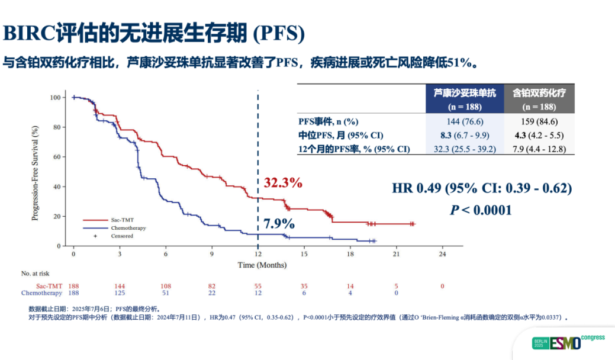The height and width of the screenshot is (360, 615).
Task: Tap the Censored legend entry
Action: [x=121, y=236]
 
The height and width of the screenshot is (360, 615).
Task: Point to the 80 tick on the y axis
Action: [x=57, y=127]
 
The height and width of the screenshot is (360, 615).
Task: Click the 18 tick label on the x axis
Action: [x=350, y=253]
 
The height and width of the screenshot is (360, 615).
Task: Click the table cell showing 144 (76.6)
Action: [x=465, y=121]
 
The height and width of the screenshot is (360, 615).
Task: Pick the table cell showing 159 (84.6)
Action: [x=539, y=121]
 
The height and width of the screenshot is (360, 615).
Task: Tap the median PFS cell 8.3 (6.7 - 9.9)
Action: [x=465, y=136]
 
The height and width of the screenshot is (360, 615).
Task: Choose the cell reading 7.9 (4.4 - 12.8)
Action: [x=539, y=149]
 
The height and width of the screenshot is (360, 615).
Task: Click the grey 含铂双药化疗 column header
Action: [x=539, y=98]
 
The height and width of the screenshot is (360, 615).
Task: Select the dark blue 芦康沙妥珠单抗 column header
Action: [x=465, y=98]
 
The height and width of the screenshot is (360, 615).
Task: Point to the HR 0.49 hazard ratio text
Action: [x=482, y=188]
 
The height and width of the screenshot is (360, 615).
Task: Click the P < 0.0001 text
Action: [x=481, y=210]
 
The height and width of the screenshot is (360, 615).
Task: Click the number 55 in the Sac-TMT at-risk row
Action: [x=257, y=285]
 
